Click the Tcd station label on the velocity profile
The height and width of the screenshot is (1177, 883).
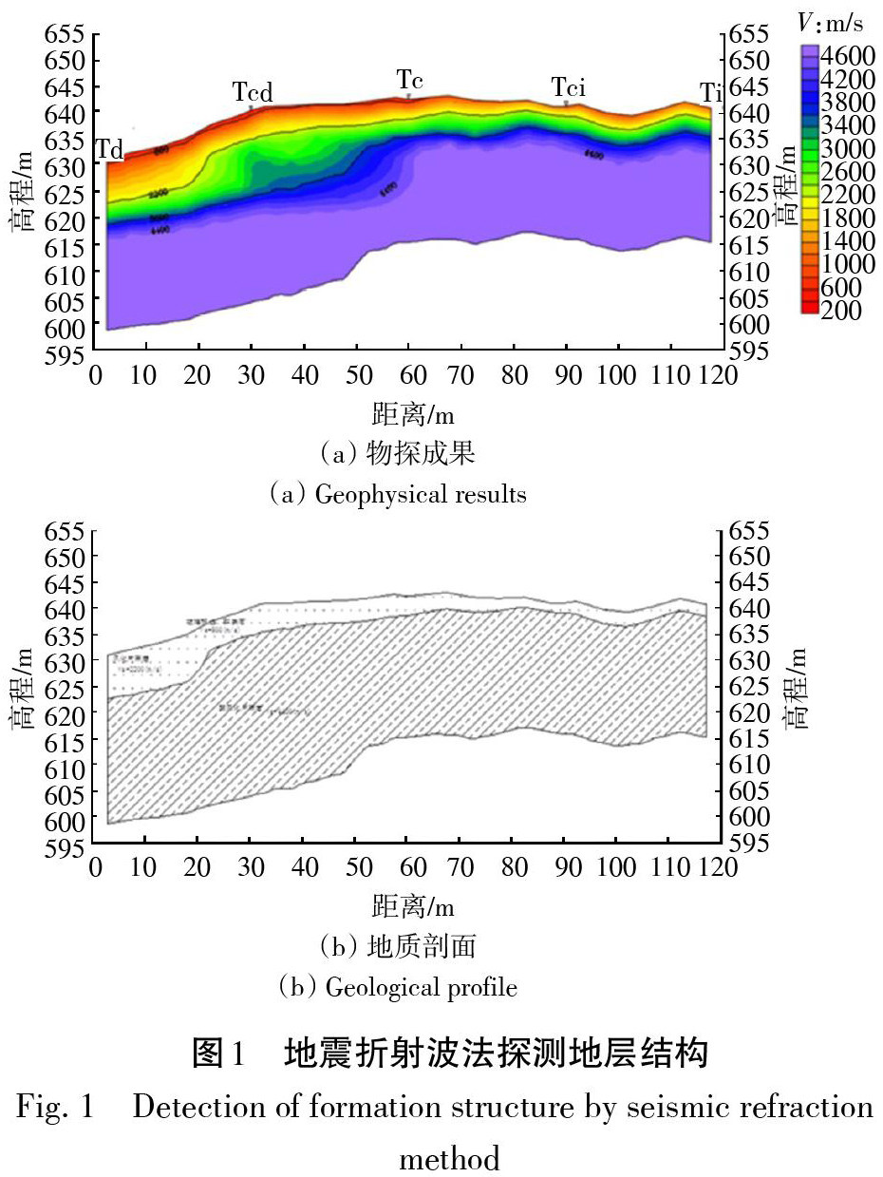click(253, 92)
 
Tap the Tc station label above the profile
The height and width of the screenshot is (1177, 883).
click(409, 78)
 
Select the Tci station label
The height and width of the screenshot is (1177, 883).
click(568, 88)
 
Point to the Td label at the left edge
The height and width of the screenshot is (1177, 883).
click(109, 150)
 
